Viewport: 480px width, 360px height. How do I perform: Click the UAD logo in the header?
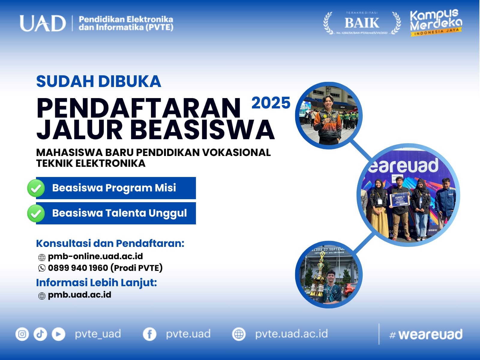[43, 23]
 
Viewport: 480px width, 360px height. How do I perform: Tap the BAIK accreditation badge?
[362, 23]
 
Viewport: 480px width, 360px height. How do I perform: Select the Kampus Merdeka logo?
[436, 22]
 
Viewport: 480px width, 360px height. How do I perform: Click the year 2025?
[271, 103]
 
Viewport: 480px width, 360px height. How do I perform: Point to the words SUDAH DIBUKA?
[98, 81]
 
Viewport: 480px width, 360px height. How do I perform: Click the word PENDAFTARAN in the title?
[139, 108]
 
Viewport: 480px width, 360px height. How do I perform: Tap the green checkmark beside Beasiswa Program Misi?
[36, 188]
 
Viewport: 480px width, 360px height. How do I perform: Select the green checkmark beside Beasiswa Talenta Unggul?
[36, 213]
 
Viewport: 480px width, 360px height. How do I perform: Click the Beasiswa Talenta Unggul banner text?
[119, 213]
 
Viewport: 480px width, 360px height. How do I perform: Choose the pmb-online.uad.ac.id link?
[95, 256]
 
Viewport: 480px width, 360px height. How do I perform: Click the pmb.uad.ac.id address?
[79, 295]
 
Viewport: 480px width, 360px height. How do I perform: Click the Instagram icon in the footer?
[22, 334]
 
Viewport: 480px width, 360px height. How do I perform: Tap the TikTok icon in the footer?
[40, 334]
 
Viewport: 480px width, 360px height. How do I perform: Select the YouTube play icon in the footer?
[58, 334]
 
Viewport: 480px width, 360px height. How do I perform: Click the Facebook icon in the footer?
[149, 334]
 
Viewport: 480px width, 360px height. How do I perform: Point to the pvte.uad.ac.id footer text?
[291, 334]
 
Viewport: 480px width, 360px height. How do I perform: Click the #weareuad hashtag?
[425, 334]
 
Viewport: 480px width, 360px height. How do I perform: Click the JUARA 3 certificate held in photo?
[400, 199]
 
